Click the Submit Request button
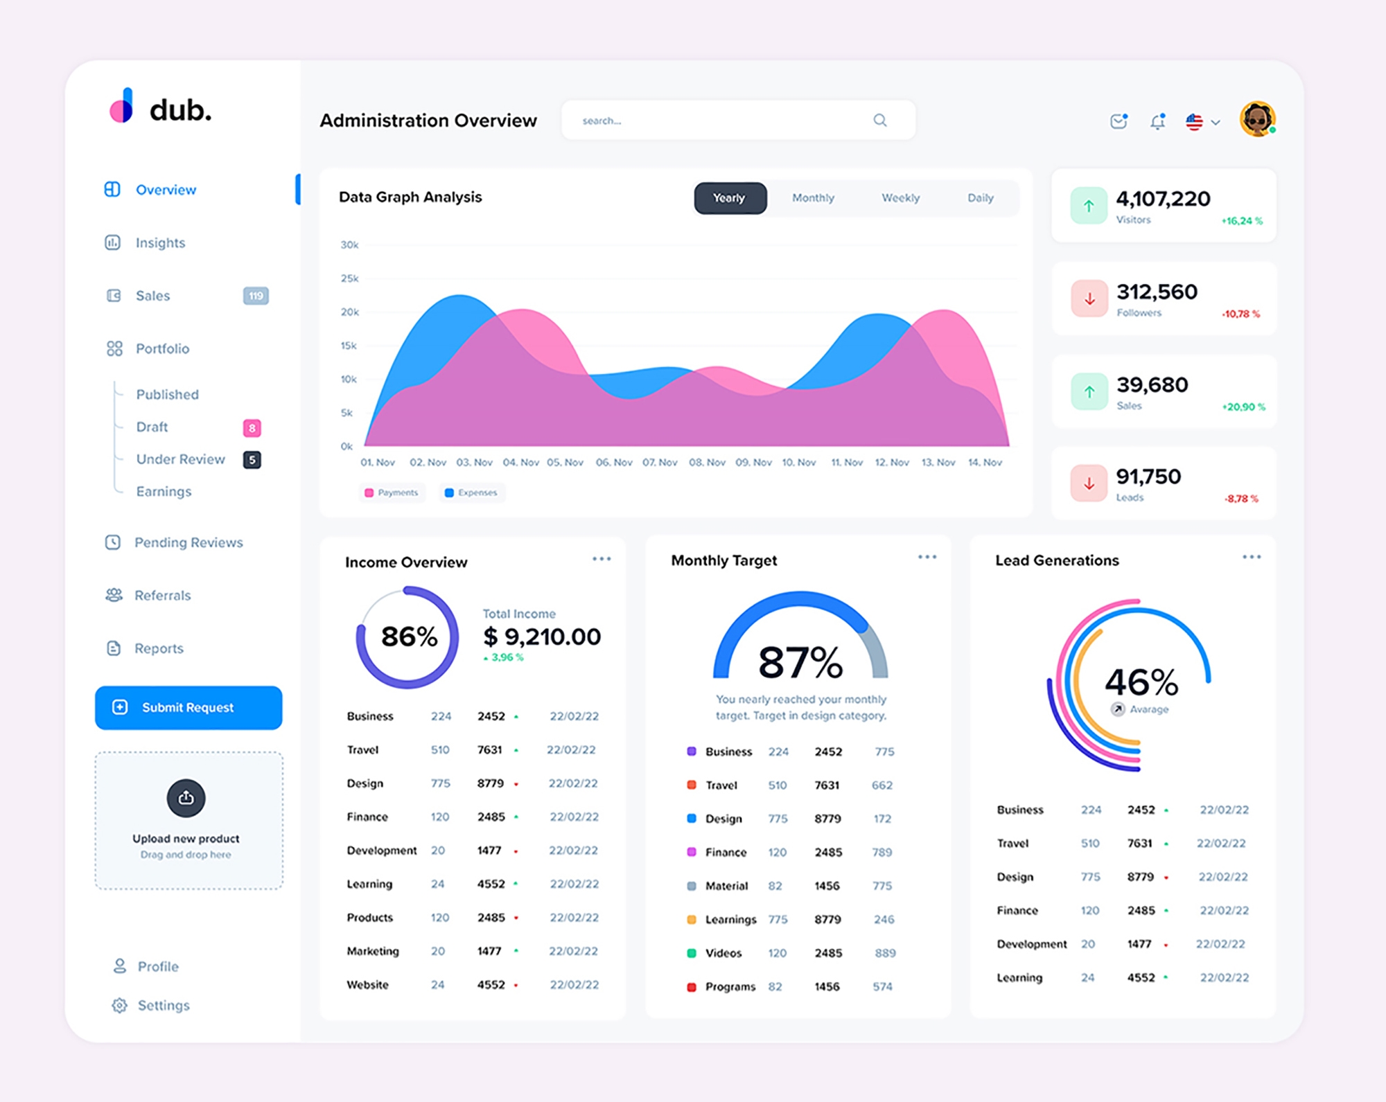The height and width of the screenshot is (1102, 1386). pos(188,707)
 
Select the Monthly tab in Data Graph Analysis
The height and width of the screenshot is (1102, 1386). pos(813,198)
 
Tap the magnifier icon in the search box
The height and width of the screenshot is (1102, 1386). pos(879,121)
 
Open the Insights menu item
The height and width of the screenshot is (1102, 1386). pos(160,243)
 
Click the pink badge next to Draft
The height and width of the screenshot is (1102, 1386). pos(252,428)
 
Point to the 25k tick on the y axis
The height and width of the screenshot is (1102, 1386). pos(349,278)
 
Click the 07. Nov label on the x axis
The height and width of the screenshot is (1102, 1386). pos(659,463)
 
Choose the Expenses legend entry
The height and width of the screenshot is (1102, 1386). pos(471,492)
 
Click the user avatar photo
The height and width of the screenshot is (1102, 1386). pos(1257,119)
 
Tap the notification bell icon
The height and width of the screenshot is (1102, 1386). pos(1157,122)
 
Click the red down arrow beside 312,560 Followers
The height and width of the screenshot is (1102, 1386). pos(1089,299)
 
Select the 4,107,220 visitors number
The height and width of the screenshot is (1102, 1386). pos(1163,199)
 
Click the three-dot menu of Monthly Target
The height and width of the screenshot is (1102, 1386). pos(927,557)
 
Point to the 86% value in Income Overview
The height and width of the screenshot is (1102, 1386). pos(409,637)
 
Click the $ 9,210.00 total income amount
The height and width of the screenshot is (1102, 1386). pos(542,637)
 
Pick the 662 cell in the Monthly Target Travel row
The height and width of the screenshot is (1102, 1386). pos(881,785)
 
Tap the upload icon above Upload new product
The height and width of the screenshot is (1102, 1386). pos(186,798)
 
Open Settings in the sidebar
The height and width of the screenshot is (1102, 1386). pos(163,1006)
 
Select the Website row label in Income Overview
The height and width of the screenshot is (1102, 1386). pos(367,985)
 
